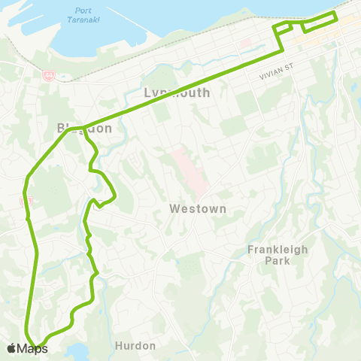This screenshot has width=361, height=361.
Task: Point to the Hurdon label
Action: [x=137, y=346]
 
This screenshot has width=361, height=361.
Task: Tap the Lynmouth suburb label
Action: [x=177, y=93]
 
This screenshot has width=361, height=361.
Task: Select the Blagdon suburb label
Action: [x=84, y=128]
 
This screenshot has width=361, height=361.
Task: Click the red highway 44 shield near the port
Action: [x=48, y=76]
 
